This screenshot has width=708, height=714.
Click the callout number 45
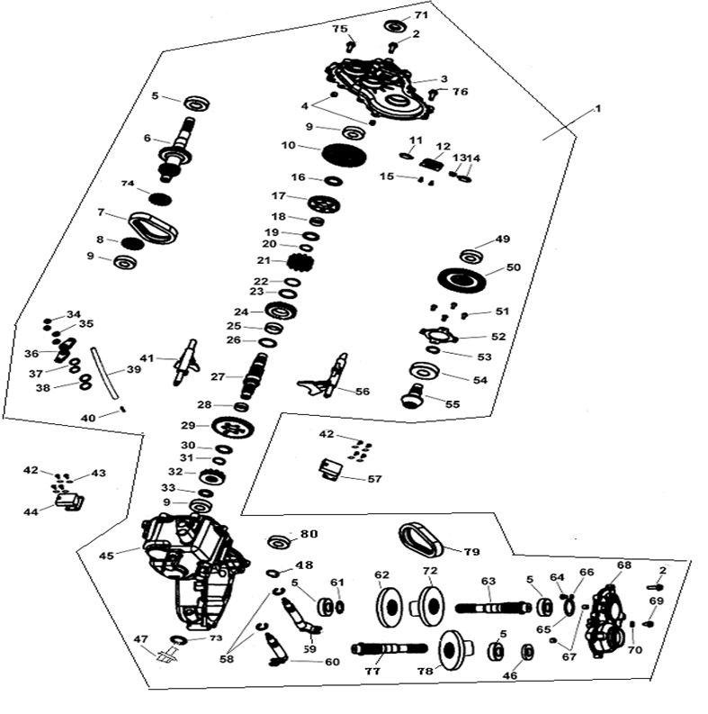click(x=106, y=556)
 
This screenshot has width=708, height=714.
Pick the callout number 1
click(x=595, y=108)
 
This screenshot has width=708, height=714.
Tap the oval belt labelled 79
click(x=424, y=539)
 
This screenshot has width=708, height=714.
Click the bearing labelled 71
click(x=397, y=26)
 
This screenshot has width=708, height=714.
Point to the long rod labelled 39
click(x=107, y=372)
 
